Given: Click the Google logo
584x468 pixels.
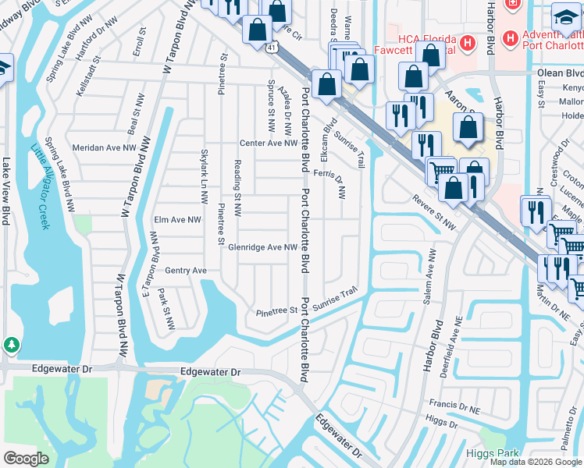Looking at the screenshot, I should coord(26,459).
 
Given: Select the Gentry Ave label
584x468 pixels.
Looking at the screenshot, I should coord(186,270).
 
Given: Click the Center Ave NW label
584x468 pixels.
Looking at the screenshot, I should coord(269,143).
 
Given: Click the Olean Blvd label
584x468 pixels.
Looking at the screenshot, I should coord(559,72).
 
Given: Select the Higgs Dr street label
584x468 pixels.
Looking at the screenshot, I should coord(442,422).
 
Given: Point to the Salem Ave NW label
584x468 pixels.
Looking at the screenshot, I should coord(429,271).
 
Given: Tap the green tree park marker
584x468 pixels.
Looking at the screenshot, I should coord(11,345).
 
